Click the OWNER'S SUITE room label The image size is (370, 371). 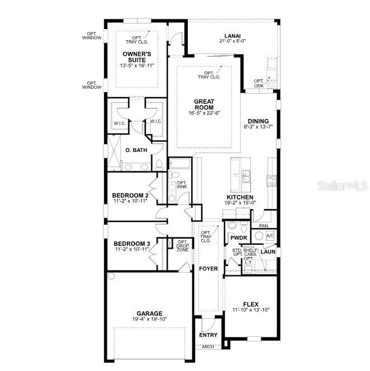136,56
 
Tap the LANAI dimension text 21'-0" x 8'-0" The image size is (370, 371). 233,47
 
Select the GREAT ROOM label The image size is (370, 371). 205,104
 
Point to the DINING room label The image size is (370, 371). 258,121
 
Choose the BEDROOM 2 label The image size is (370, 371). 130,195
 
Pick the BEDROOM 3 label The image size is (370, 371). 131,244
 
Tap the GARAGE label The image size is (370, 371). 150,313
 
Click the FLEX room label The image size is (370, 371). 250,304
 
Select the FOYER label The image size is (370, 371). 208,269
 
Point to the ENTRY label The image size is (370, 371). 208,335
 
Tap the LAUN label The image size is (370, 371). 269,251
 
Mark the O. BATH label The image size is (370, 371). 136,150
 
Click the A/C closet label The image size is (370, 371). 270,236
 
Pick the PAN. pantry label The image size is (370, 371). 264,226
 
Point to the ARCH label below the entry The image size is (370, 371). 208,347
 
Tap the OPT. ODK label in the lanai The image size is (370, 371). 259,83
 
